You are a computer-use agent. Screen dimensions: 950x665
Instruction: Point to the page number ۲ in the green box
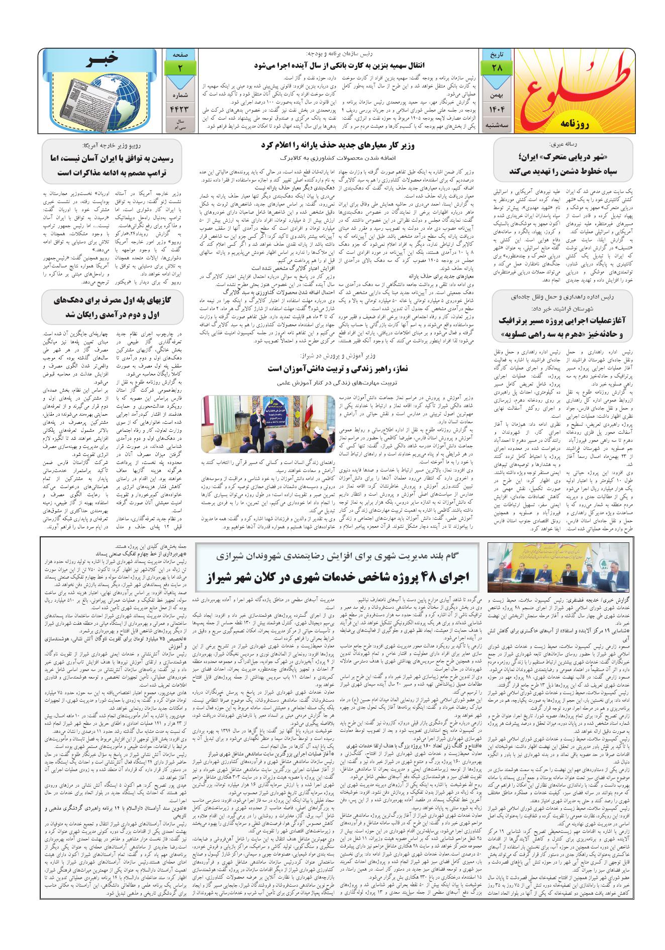point(179,67)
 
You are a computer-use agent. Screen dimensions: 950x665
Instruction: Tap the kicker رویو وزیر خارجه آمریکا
point(108,145)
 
